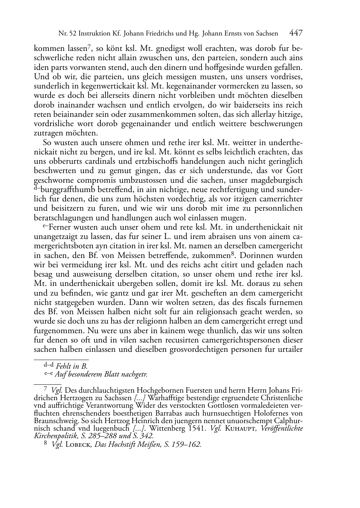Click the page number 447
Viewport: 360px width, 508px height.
[295, 33]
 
